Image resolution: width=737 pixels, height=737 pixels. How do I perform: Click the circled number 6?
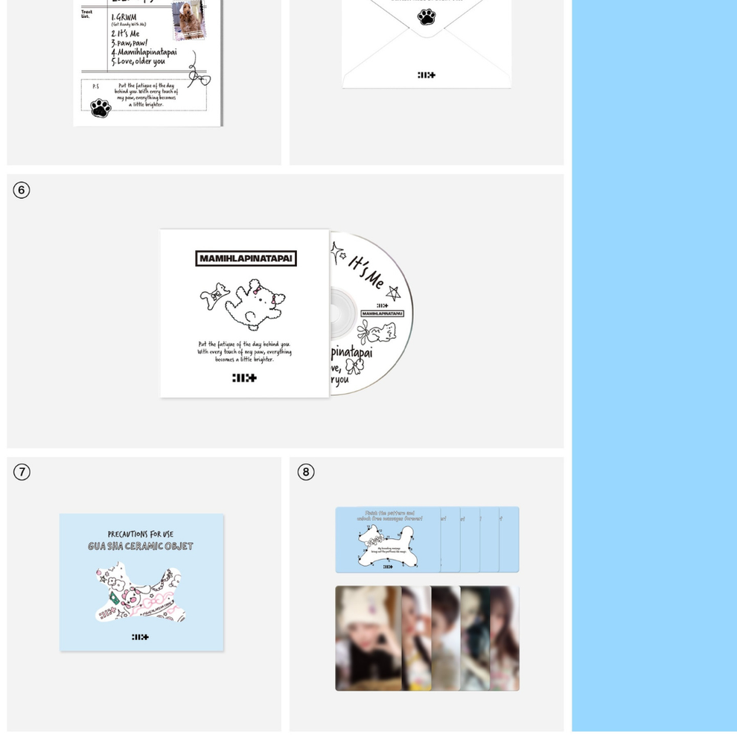(x=22, y=190)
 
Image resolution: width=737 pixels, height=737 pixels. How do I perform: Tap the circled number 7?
(x=22, y=472)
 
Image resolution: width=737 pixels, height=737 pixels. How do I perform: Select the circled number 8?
(x=305, y=472)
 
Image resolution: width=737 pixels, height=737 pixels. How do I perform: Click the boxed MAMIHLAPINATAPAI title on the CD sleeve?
(x=246, y=258)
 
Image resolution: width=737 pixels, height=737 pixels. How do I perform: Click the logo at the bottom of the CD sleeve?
(x=244, y=377)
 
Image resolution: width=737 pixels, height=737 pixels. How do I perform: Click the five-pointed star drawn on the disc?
(x=393, y=293)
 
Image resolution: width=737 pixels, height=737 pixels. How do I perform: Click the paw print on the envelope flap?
(x=427, y=16)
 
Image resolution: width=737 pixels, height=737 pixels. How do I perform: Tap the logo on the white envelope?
(x=427, y=74)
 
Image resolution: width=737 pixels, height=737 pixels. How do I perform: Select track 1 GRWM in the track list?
(x=124, y=18)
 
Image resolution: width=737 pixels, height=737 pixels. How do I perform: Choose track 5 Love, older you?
(x=139, y=62)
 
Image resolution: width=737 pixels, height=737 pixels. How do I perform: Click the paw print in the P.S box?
(x=100, y=108)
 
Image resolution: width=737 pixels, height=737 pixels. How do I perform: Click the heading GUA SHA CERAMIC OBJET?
(x=141, y=546)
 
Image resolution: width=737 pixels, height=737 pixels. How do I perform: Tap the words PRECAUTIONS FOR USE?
(x=141, y=534)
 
